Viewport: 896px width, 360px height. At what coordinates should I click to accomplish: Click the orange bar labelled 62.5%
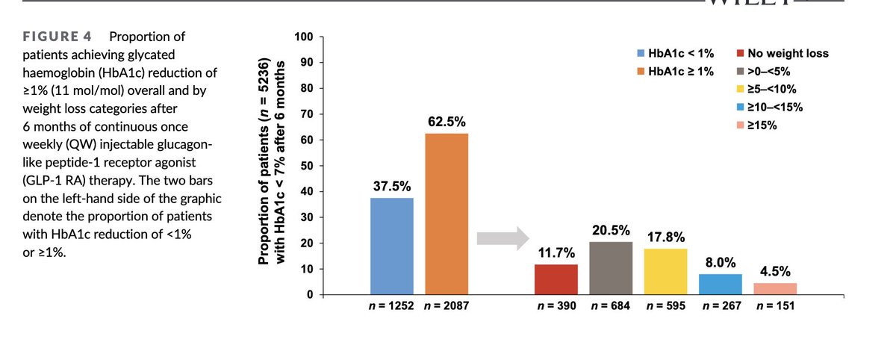click(x=447, y=214)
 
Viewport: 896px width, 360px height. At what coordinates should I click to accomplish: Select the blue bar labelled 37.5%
click(x=392, y=246)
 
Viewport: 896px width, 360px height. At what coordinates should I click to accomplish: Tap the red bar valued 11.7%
click(x=556, y=279)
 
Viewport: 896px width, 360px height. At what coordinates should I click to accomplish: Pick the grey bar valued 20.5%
click(x=612, y=267)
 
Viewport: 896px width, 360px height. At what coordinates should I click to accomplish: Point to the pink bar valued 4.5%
click(x=776, y=288)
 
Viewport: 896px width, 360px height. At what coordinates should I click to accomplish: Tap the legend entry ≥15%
click(x=760, y=125)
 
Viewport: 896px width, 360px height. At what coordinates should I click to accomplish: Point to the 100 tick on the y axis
click(x=303, y=37)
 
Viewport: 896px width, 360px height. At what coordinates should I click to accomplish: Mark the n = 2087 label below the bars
click(x=447, y=305)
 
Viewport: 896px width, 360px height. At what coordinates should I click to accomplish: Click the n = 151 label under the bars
click(x=776, y=305)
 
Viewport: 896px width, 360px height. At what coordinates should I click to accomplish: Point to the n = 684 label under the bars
click(x=612, y=305)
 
